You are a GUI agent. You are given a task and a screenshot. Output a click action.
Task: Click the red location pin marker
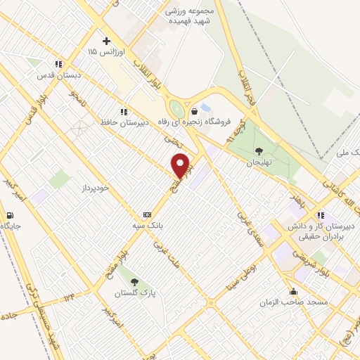[181, 166]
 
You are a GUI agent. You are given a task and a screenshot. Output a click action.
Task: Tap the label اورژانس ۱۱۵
[102, 53]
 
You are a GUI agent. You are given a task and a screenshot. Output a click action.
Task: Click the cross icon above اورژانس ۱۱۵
[106, 41]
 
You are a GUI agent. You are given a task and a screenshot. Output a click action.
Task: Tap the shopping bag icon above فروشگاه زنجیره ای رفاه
[193, 111]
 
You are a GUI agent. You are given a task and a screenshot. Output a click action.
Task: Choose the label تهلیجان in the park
[258, 161]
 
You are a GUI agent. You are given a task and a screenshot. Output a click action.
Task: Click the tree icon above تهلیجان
[259, 150]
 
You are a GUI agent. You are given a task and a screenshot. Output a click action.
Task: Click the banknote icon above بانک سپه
[147, 214]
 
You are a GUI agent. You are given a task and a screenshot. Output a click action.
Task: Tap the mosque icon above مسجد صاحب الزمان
[293, 291]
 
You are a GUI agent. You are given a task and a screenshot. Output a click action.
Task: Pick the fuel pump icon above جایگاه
[9, 215]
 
